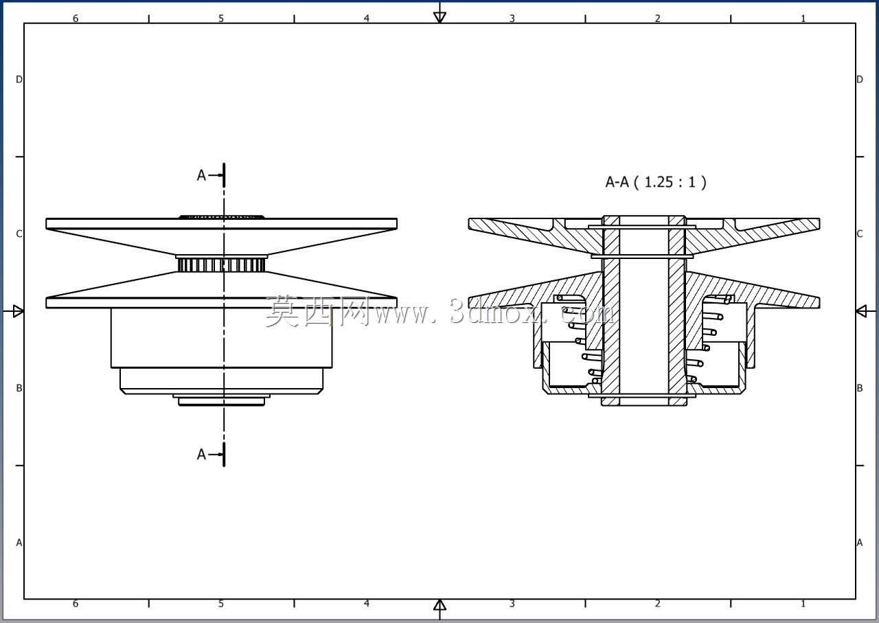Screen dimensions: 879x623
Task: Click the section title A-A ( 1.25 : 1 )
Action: point(656,182)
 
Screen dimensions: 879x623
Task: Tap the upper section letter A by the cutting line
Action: point(201,175)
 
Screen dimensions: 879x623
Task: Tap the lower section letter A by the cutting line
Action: point(201,454)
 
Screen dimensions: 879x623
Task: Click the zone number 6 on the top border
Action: point(76,19)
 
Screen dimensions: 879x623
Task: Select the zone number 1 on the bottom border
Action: point(803,603)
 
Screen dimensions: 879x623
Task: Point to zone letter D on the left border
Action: point(19,80)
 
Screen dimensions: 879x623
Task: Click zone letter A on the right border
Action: point(859,543)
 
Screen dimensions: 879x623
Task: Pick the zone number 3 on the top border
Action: point(512,19)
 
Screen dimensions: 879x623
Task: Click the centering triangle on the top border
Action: point(439,17)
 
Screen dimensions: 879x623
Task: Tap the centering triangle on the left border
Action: point(18,311)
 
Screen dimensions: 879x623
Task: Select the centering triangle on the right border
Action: point(861,311)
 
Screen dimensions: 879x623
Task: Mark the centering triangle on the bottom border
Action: point(439,605)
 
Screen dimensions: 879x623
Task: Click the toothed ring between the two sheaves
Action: point(222,264)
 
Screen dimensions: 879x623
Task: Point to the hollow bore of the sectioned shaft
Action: point(644,310)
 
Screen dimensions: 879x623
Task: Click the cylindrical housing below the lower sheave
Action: point(222,338)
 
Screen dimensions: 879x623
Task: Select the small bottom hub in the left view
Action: point(222,401)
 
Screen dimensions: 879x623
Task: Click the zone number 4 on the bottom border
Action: point(366,603)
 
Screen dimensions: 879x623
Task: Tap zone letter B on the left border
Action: point(19,388)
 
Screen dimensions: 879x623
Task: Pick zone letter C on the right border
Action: point(859,234)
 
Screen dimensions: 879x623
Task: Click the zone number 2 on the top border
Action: point(657,19)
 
